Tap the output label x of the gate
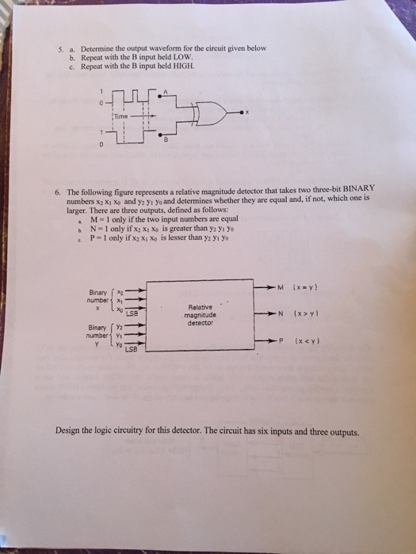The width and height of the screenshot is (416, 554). coord(247,112)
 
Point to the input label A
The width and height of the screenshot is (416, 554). coord(165,92)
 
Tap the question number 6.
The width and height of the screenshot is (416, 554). coord(59,193)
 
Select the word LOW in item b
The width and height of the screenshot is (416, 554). coord(183,57)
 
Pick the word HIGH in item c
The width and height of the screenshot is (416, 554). coord(184,66)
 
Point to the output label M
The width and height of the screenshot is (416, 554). coord(281,286)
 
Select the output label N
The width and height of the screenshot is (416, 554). coord(281,313)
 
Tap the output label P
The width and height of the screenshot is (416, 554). coord(281,341)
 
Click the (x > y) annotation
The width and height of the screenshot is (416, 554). coord(307,313)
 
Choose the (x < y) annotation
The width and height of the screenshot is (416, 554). coord(307,341)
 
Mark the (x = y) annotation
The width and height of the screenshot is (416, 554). coord(306,286)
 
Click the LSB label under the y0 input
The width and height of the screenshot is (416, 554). coord(132,350)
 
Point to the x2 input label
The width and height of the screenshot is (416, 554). coord(120,292)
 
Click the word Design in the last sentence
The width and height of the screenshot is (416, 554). coord(67,431)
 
